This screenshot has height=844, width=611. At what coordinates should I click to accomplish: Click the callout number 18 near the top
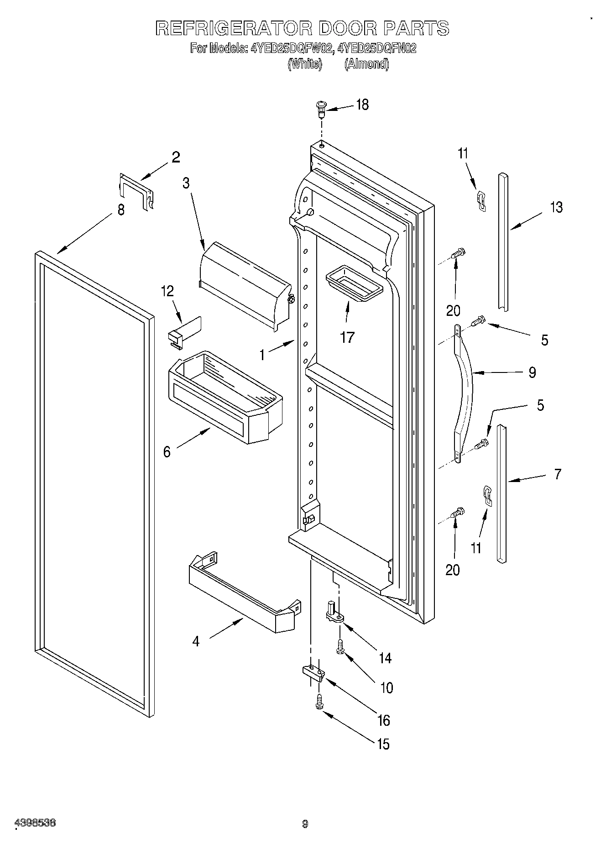362,105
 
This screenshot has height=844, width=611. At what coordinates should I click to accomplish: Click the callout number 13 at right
556,207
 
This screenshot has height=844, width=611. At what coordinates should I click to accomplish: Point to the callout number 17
347,337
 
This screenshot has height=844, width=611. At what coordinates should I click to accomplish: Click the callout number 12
167,291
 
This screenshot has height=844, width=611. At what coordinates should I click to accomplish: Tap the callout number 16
384,720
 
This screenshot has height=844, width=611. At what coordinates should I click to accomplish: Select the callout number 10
386,687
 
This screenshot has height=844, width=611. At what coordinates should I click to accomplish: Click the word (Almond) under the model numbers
366,64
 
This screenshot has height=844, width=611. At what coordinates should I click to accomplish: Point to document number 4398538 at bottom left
36,823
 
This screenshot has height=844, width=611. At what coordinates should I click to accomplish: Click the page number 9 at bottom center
305,824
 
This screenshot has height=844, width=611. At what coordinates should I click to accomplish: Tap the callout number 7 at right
558,474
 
